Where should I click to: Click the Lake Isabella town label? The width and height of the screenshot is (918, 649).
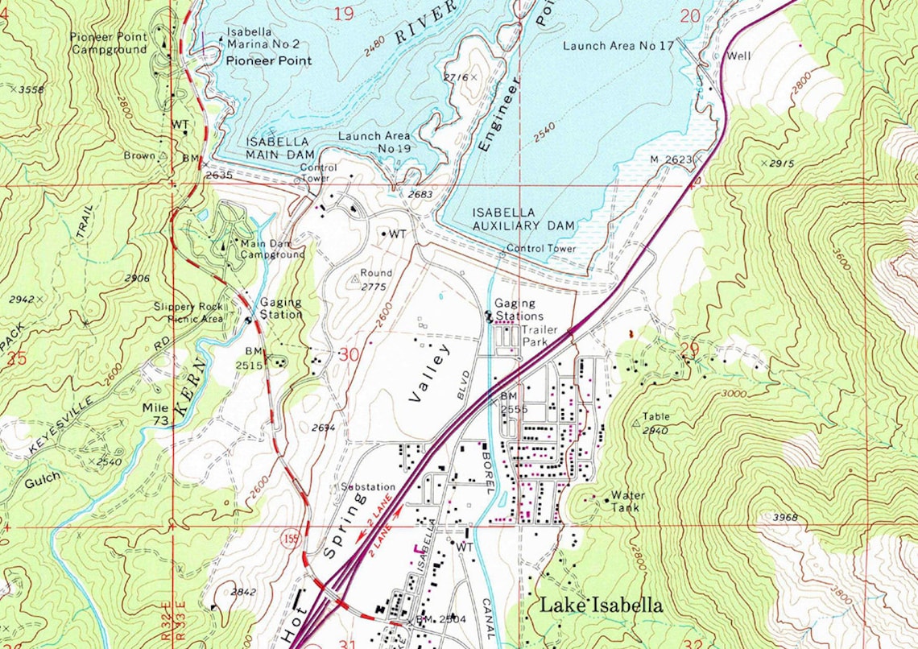(601, 606)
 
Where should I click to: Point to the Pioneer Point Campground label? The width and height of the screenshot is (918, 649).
(109, 43)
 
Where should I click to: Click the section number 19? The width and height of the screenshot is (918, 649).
(344, 14)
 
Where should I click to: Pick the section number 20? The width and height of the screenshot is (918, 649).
(690, 15)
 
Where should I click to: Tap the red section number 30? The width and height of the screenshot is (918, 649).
(349, 354)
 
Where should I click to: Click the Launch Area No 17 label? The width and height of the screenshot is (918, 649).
(618, 46)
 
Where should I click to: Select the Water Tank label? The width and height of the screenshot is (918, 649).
(626, 501)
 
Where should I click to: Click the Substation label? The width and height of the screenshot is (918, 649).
(368, 487)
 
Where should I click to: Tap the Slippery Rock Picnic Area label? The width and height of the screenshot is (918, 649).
(189, 312)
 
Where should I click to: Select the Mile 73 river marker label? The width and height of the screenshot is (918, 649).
(155, 414)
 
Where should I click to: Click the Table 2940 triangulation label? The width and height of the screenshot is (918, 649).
(655, 424)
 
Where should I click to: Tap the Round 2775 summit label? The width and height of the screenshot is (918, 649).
(374, 279)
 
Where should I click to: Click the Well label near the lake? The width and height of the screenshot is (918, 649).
(738, 57)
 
